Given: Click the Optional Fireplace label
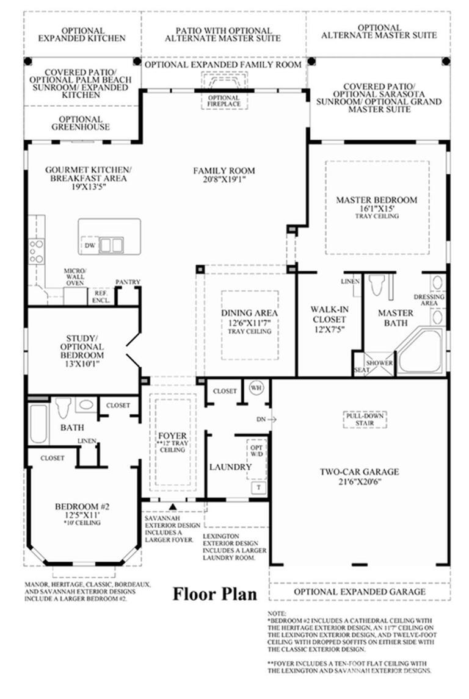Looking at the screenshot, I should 224,101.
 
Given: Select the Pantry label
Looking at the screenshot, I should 128,282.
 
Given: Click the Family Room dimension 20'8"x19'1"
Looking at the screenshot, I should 224,181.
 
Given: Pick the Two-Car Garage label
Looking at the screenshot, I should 360,471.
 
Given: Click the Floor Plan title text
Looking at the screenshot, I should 214,593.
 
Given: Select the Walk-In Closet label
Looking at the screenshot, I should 328,319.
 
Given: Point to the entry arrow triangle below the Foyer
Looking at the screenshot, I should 173,506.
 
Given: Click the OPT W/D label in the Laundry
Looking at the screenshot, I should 256,450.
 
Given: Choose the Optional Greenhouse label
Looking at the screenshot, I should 81,123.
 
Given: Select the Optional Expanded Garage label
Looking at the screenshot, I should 360,592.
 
